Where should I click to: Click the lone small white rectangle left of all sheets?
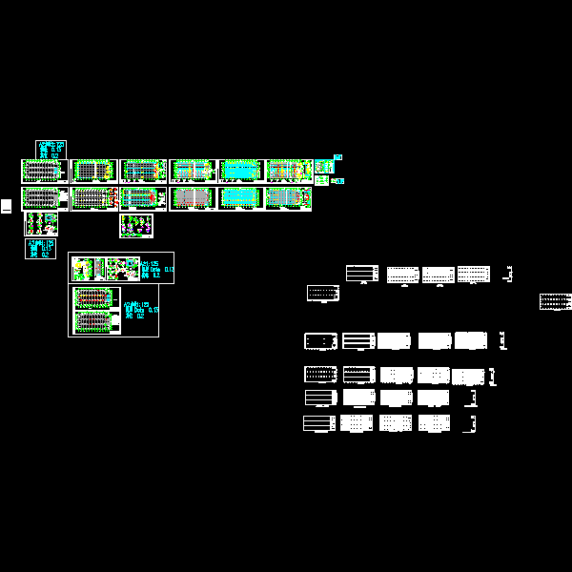pyautogui.click(x=6, y=205)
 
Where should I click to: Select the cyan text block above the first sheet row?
pyautogui.click(x=51, y=150)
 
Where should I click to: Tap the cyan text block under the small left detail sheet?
pyautogui.click(x=40, y=249)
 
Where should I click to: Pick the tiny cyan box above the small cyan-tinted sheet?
pyautogui.click(x=337, y=157)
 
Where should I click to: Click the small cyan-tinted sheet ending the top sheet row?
pyautogui.click(x=322, y=168)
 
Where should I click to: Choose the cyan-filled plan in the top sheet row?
pyautogui.click(x=241, y=171)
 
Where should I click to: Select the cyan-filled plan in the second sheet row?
pyautogui.click(x=241, y=198)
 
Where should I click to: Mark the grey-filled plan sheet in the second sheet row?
pyautogui.click(x=193, y=198)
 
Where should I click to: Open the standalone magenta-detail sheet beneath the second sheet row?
pyautogui.click(x=136, y=226)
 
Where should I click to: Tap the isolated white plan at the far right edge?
pyautogui.click(x=555, y=301)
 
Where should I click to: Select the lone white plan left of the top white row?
pyautogui.click(x=323, y=293)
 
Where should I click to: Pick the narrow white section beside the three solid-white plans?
pyautogui.click(x=501, y=340)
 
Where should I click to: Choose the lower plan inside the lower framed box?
pyautogui.click(x=94, y=322)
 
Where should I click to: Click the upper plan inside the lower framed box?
pyautogui.click(x=94, y=297)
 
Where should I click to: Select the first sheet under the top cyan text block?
pyautogui.click(x=43, y=171)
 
